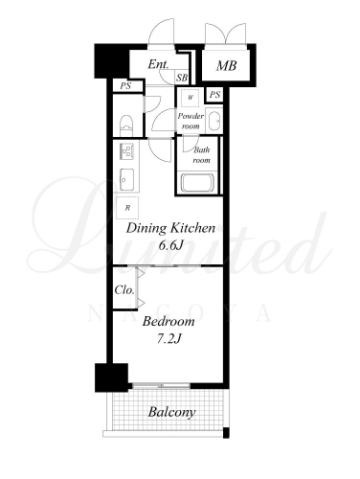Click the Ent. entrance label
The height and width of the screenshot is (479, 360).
pyautogui.click(x=158, y=64)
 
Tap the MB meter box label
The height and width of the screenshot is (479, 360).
pyautogui.click(x=226, y=66)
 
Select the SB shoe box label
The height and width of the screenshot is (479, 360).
pyautogui.click(x=182, y=78)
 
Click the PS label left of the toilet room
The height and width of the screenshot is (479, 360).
pyautogui.click(x=125, y=86)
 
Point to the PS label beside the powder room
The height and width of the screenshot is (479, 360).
pyautogui.click(x=214, y=95)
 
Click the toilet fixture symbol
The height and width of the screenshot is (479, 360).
pyautogui.click(x=126, y=125)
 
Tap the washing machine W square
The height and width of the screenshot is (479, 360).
pyautogui.click(x=191, y=98)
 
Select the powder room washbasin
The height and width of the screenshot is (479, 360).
pyautogui.click(x=214, y=121)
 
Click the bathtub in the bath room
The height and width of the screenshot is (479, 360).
pyautogui.click(x=197, y=182)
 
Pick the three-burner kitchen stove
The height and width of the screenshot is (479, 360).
pyautogui.click(x=126, y=151)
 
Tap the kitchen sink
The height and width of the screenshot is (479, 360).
pyautogui.click(x=127, y=179)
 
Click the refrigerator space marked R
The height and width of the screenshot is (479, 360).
pyautogui.click(x=127, y=208)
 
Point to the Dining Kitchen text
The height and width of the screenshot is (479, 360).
pyautogui.click(x=170, y=228)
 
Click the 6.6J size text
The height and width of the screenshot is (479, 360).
pyautogui.click(x=170, y=245)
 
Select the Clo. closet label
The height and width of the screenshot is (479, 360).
pyautogui.click(x=124, y=290)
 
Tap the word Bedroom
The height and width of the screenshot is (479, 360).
pyautogui.click(x=169, y=321)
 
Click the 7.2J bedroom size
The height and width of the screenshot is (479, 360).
pyautogui.click(x=169, y=338)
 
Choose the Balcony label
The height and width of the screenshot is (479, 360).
pyautogui.click(x=171, y=412)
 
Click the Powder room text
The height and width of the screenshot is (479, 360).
pyautogui.click(x=191, y=121)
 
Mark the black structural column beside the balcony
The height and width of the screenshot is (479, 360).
pyautogui.click(x=111, y=377)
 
